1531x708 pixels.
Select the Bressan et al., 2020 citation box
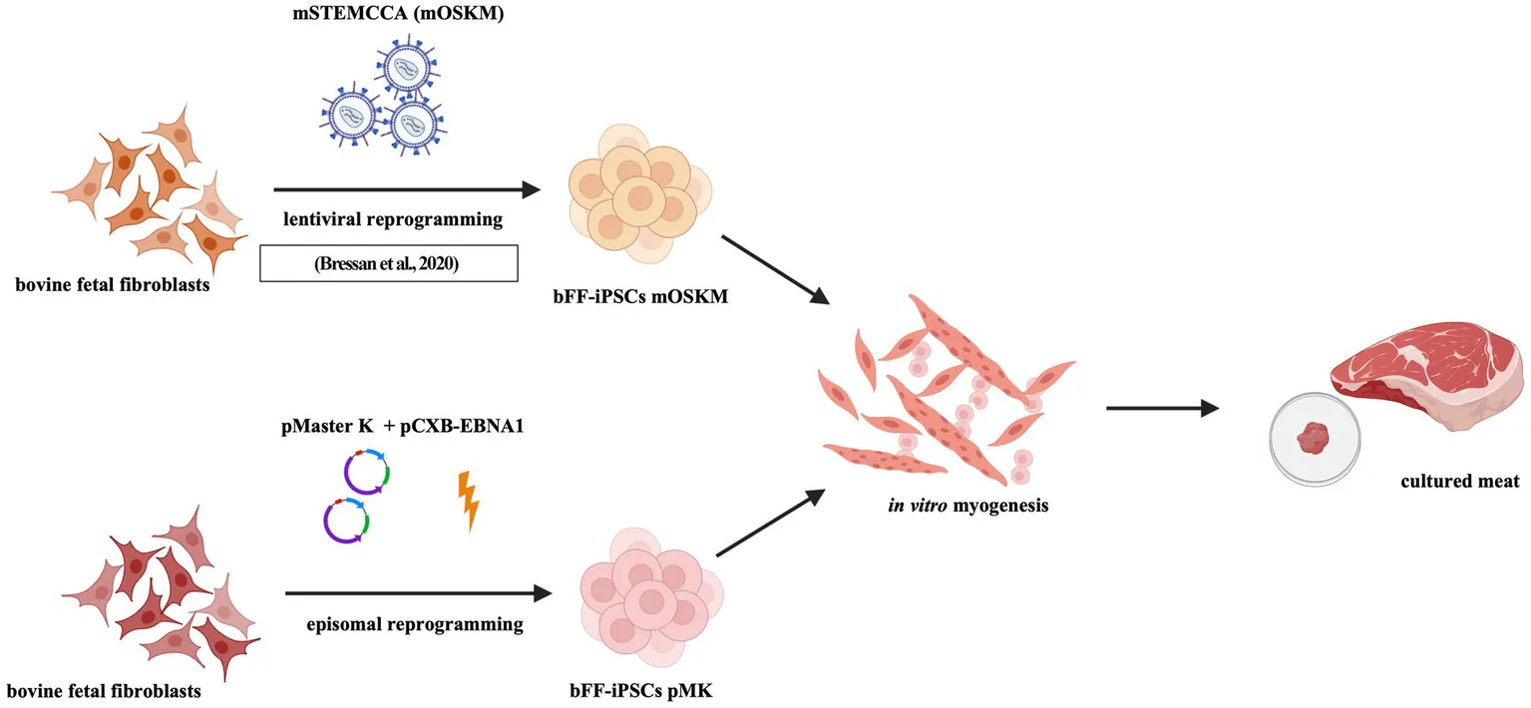(x=389, y=262)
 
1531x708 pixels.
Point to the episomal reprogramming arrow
(x=418, y=594)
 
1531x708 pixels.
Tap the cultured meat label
(x=1459, y=481)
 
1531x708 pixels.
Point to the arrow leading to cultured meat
(x=1163, y=407)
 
